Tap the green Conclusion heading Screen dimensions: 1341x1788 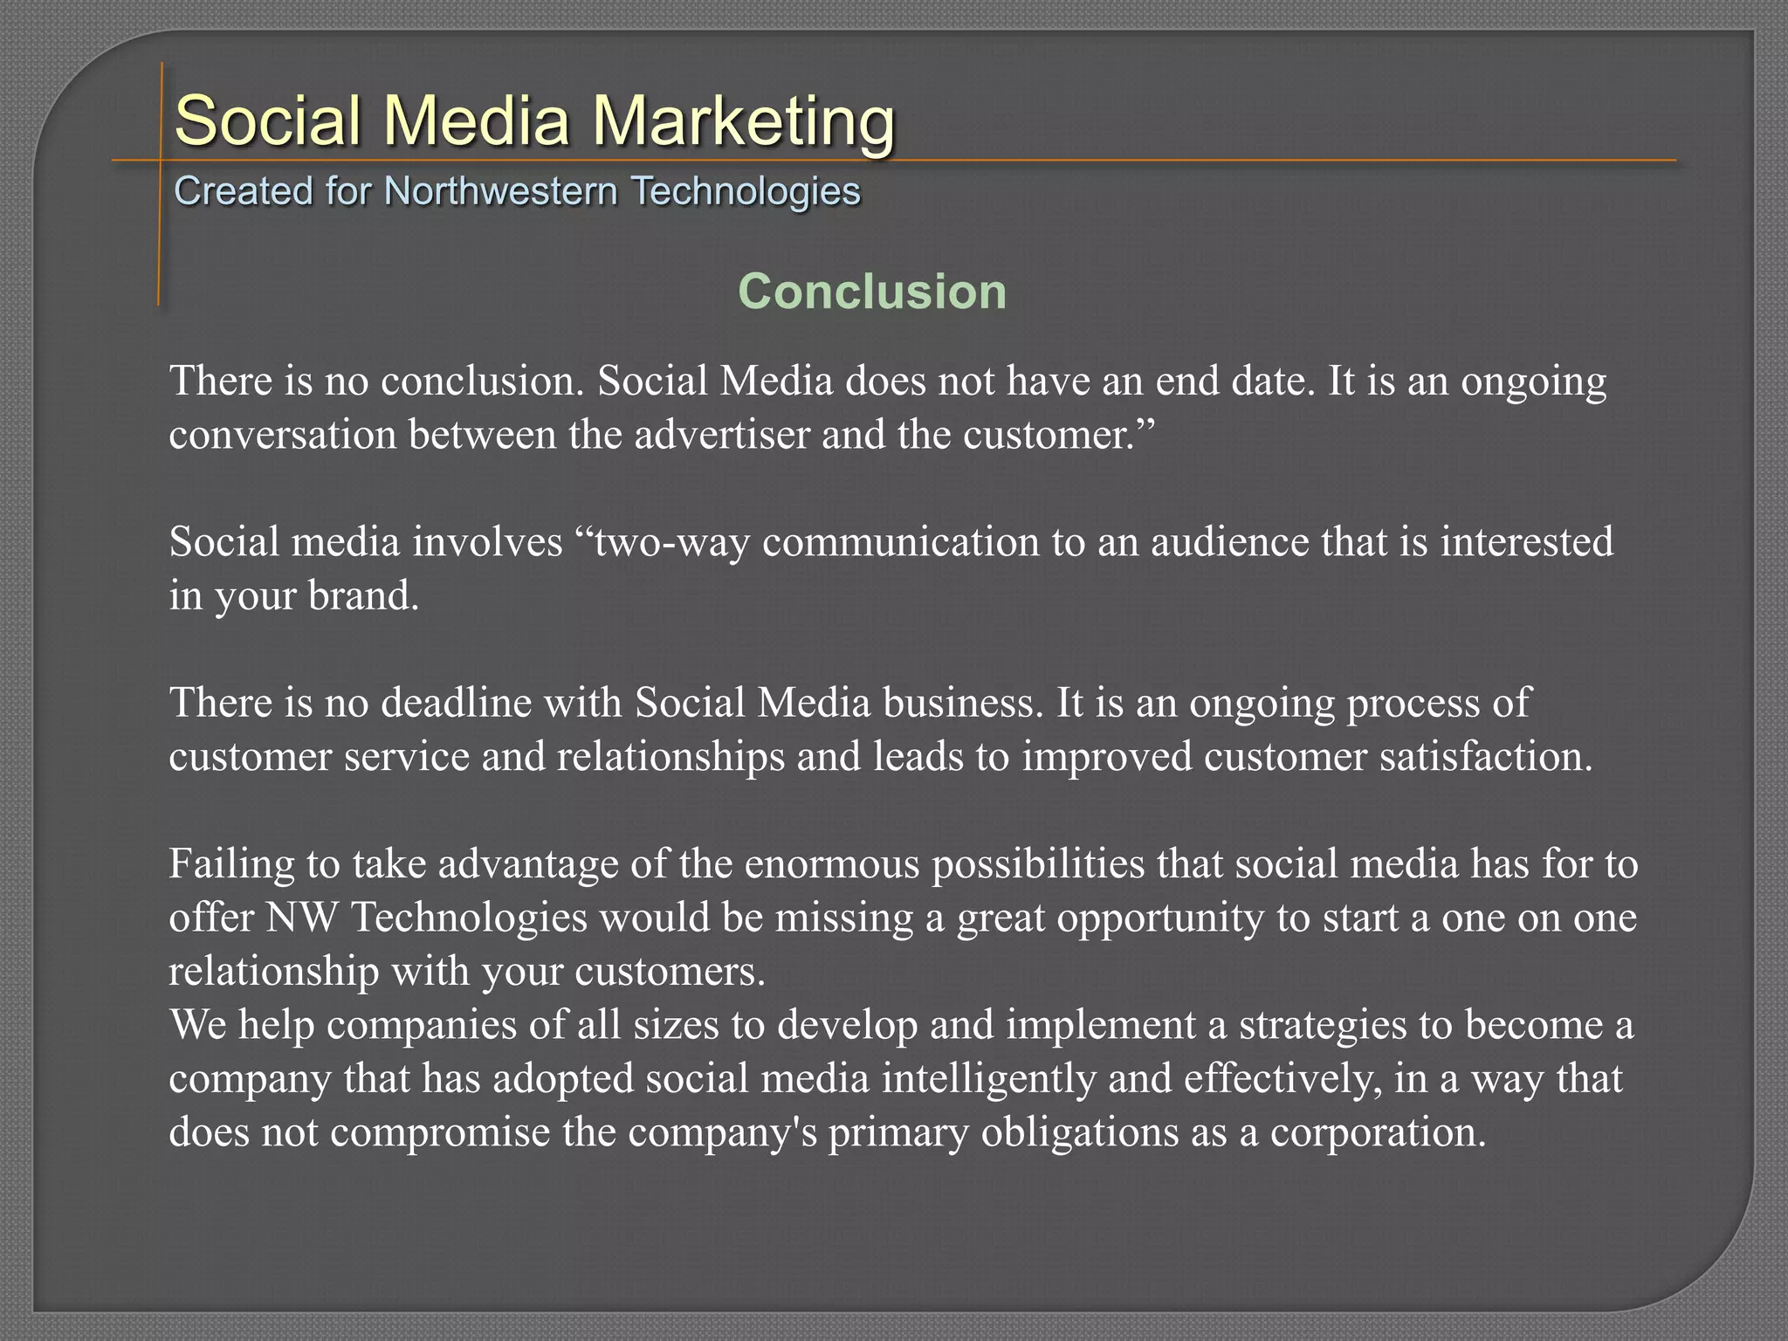(x=872, y=291)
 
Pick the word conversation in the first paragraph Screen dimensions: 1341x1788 (x=283, y=434)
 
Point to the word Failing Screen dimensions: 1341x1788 (x=231, y=863)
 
